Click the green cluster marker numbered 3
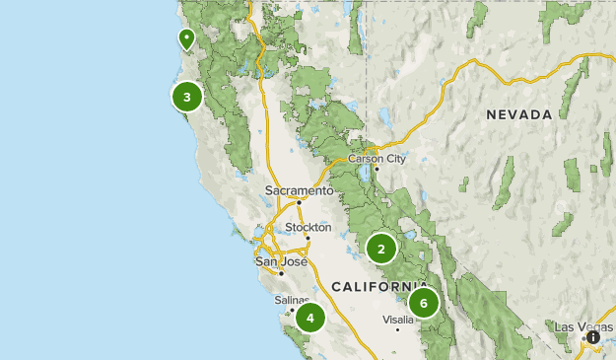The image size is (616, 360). coord(186,97)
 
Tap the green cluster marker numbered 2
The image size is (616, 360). coord(381,249)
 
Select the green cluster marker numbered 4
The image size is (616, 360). coord(310,318)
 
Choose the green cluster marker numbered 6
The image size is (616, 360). coord(423,302)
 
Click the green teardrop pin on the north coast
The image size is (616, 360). coord(186,38)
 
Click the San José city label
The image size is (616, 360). coord(281,261)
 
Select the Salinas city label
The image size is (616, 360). coord(292,300)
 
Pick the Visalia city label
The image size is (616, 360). coord(398,320)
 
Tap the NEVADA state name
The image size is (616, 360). coord(518,115)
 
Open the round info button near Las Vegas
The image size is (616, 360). coord(593,337)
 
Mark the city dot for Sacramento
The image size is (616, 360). coord(300,202)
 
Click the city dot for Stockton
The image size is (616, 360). coord(308,238)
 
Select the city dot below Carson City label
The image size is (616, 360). coord(376,168)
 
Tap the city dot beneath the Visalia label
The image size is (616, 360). coord(398,329)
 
